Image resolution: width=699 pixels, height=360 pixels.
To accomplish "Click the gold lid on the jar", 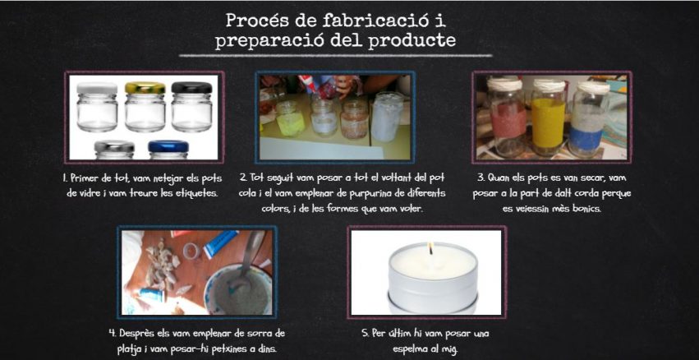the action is [145, 87].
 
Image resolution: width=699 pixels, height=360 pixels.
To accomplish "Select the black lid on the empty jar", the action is [191, 87].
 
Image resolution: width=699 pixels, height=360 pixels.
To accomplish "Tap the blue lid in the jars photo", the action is [168, 146].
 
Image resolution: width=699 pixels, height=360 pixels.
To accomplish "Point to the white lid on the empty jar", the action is [97, 88].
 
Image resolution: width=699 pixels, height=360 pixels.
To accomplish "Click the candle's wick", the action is [430, 248].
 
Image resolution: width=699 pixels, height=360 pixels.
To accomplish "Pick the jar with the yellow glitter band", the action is [549, 118].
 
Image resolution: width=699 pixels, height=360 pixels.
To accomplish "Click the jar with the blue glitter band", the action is [588, 119].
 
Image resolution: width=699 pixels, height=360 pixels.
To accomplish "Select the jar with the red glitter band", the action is [507, 118].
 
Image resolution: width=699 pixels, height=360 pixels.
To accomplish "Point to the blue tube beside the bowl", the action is [220, 243].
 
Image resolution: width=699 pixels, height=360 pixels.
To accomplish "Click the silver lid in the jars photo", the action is [114, 147].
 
